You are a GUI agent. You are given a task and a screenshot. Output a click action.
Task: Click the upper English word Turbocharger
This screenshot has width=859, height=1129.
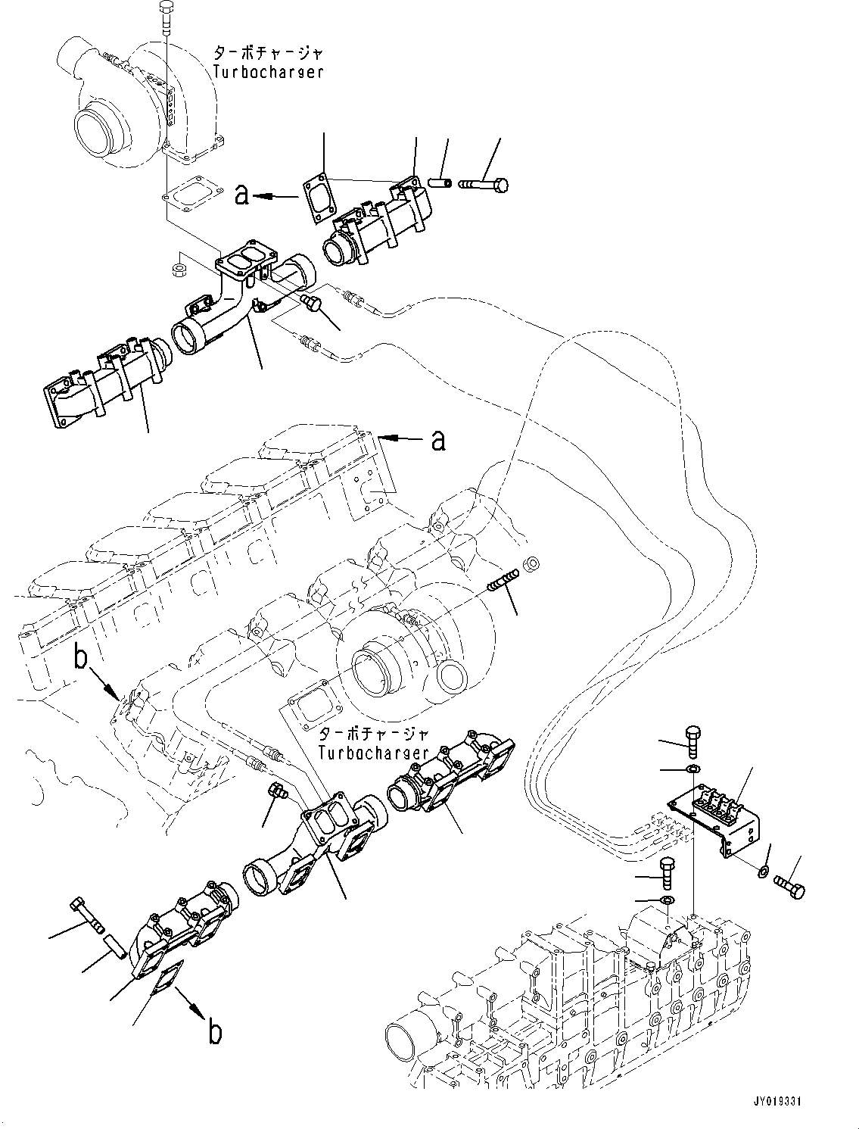268,72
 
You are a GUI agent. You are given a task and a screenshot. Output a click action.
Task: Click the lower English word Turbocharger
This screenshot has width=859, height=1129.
374,753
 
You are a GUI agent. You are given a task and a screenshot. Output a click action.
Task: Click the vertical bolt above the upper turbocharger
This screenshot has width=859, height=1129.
166,17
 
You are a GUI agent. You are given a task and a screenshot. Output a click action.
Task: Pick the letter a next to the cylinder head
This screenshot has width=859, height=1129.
437,439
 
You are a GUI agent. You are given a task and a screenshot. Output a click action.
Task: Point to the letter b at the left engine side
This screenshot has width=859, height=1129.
82,659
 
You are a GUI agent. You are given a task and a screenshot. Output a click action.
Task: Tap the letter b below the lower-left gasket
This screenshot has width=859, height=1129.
215,1033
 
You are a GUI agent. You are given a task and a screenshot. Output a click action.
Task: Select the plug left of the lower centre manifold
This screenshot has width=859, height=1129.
277,794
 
